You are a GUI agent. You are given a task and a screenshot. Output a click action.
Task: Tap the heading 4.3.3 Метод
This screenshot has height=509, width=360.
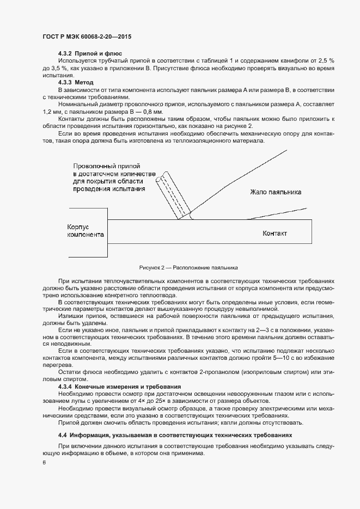click(x=76, y=82)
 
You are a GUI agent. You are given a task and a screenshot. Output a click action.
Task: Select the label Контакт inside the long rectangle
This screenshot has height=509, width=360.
click(x=274, y=234)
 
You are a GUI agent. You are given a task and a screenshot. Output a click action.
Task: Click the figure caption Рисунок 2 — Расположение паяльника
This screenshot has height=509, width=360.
click(x=188, y=268)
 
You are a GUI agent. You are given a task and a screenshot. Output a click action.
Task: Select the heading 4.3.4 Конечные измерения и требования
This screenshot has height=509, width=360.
click(x=119, y=386)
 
